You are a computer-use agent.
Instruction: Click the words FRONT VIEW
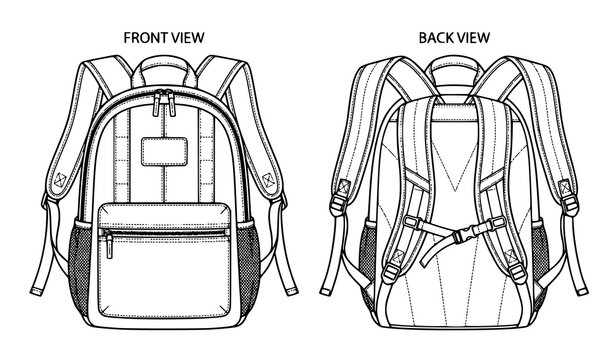point(163,37)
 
